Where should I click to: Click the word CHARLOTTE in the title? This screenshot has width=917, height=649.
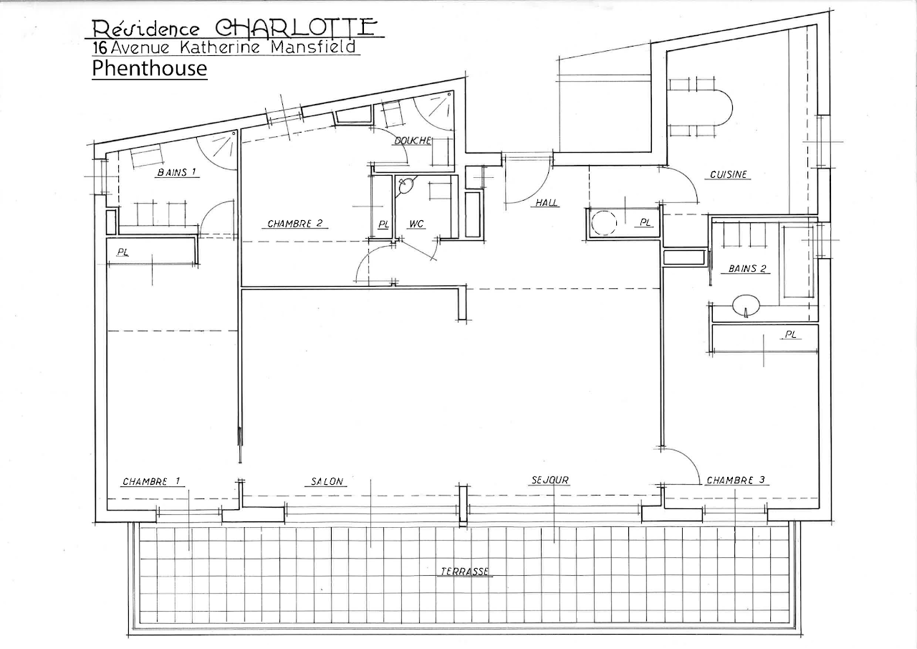tap(296, 27)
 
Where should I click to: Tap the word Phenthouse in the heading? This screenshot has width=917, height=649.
tap(150, 68)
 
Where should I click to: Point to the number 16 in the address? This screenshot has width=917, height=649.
tap(100, 48)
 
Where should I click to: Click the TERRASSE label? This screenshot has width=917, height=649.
tap(465, 571)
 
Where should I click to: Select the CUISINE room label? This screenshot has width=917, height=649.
tap(729, 174)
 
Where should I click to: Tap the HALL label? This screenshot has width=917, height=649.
tap(547, 202)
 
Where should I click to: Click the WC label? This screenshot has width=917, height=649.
tap(416, 224)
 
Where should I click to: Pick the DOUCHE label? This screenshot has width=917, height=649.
tap(413, 141)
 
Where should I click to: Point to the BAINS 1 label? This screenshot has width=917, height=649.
tap(177, 173)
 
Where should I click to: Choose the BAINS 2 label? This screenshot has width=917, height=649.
tap(747, 269)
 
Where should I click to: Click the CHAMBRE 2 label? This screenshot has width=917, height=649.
tap(294, 224)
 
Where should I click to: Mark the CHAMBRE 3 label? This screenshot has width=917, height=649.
tap(736, 480)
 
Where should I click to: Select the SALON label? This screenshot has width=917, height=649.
tap(327, 481)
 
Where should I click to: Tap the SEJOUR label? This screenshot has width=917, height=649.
tap(550, 480)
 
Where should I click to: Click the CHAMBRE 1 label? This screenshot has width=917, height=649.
tap(151, 481)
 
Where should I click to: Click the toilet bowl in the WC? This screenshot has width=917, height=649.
tap(405, 186)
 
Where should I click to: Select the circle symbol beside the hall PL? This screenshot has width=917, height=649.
tap(604, 223)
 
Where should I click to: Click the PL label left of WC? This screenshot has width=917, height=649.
tap(383, 224)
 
